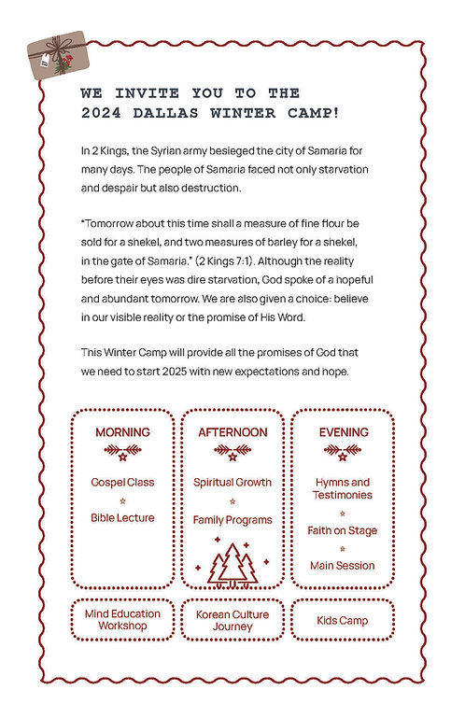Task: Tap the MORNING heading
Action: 122,432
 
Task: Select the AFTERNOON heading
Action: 232,432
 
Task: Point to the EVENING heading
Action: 344,432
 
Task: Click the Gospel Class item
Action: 122,483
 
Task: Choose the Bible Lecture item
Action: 122,517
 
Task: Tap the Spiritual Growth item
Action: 232,483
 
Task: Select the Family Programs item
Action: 232,519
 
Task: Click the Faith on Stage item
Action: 343,530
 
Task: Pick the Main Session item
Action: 343,565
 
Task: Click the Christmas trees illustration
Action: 232,563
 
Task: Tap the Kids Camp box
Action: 343,620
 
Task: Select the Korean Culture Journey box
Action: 232,620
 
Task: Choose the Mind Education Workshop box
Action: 122,620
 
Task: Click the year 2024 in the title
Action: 103,113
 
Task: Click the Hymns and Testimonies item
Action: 343,488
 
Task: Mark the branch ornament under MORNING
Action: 122,453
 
